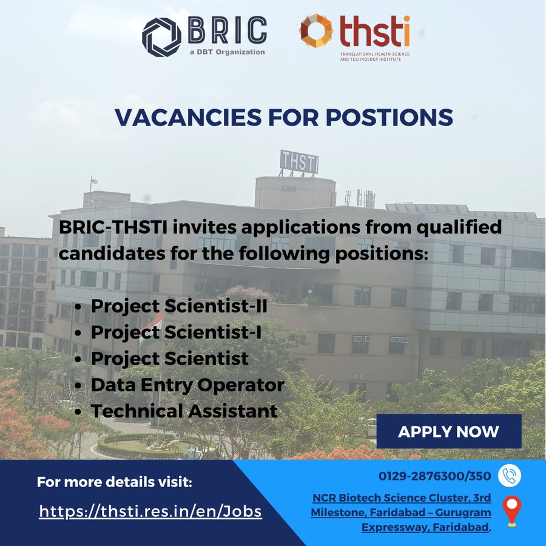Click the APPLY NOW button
[448, 431]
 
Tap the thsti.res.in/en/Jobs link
[150, 511]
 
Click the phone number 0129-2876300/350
[435, 476]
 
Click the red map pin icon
[511, 511]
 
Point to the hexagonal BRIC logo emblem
[161, 36]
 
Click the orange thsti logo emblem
[316, 31]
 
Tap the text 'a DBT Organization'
[226, 52]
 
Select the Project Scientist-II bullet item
[179, 306]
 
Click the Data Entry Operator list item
[187, 385]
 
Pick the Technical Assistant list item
[184, 411]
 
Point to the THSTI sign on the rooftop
[298, 162]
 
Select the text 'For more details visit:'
[115, 482]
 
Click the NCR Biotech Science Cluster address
[401, 512]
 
